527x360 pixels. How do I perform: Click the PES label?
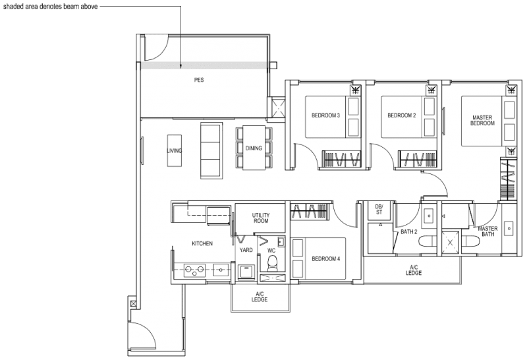[199, 80]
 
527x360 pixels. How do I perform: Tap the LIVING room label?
[174, 150]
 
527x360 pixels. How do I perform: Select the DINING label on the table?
[254, 148]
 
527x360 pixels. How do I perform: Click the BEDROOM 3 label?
[325, 115]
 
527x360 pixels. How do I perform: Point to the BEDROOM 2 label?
[401, 115]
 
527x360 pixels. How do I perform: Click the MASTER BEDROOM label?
[482, 121]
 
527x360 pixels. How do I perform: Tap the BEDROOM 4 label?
[325, 258]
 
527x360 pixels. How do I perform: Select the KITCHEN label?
[202, 244]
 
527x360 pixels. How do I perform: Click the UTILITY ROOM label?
[262, 219]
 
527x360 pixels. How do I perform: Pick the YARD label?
[246, 251]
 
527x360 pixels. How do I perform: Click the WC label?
[271, 251]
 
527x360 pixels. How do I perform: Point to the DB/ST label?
[379, 209]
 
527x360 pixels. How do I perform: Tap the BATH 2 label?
[409, 232]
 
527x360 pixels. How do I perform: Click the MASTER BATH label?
[487, 231]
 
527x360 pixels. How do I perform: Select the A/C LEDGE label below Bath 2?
[413, 270]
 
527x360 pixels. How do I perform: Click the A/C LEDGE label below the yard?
[260, 299]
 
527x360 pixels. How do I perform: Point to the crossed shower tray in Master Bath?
[451, 242]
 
